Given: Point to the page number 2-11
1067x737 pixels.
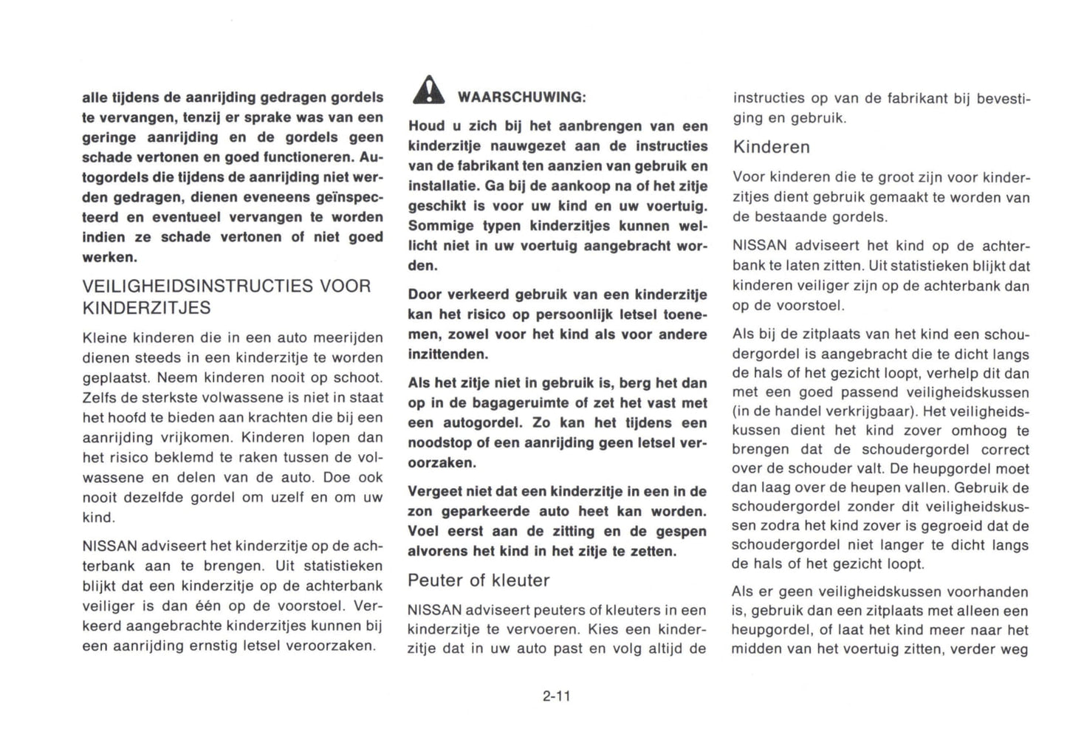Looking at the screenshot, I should (556, 696).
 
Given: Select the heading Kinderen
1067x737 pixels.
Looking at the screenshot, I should (771, 147).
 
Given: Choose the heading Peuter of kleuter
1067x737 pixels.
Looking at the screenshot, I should (478, 580).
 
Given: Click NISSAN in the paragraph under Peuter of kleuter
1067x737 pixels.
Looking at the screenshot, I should (434, 611).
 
